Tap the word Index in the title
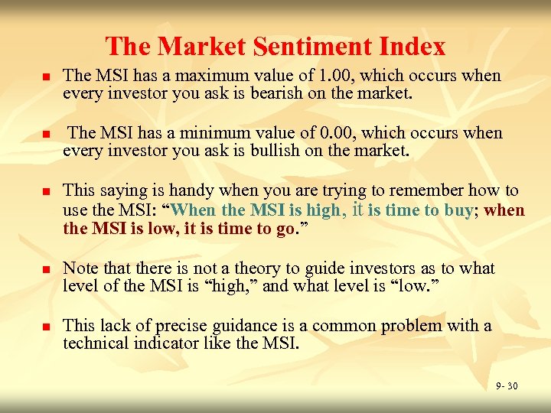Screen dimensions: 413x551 [x=414, y=47]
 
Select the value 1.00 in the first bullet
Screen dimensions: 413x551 [x=336, y=76]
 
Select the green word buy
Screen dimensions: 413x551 [x=458, y=210]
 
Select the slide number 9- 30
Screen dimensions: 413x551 [x=506, y=386]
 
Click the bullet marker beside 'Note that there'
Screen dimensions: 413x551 [x=45, y=271]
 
